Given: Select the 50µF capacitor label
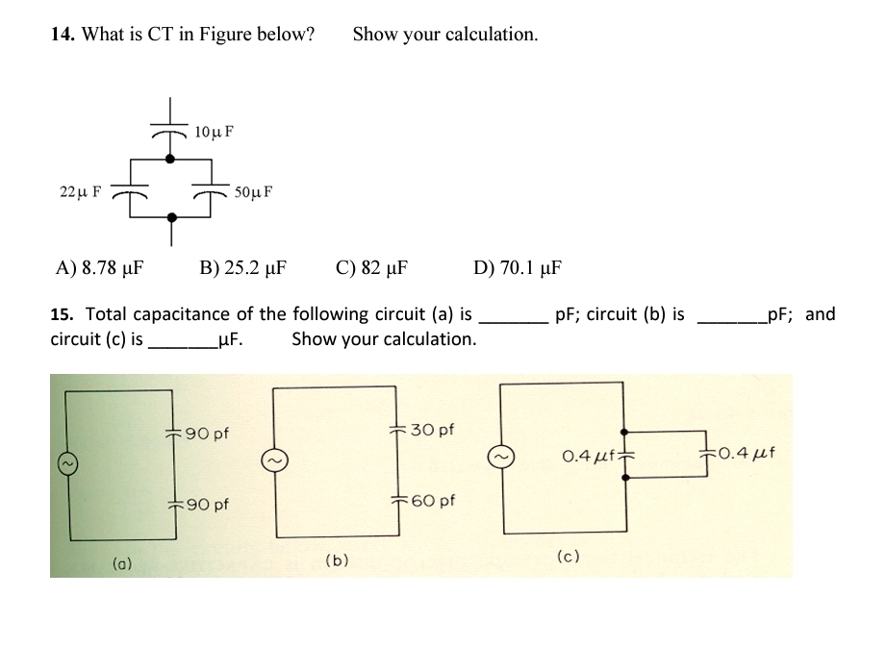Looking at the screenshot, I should point(253,191).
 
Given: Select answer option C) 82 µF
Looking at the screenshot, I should point(372,267).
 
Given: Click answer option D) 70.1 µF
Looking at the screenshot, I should point(519,267).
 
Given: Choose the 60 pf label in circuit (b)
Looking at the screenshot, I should point(434,500).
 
